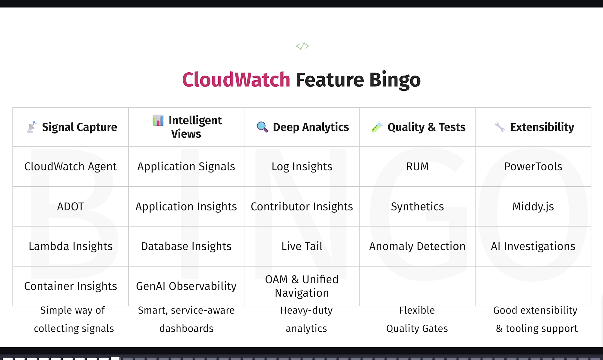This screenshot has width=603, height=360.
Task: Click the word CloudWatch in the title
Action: pos(236,80)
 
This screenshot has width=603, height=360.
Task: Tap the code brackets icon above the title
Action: pos(302,46)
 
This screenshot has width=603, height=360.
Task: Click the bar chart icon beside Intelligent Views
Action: pos(158,120)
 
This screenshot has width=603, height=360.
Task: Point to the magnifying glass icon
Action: pos(262,127)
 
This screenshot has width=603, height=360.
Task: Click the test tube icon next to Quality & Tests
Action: pos(377,127)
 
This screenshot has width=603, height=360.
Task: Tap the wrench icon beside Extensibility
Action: pos(500,127)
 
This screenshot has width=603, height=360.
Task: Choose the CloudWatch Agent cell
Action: pos(71,166)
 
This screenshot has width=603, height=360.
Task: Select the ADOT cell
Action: pos(71,207)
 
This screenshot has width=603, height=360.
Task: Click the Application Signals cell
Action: pos(186,166)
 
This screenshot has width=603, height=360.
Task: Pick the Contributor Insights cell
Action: pos(302,207)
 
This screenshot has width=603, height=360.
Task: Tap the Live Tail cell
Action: pos(302,246)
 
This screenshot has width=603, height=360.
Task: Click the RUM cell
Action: pos(417,166)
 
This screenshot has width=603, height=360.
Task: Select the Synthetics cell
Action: pos(417,207)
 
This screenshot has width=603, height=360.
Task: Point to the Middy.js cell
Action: pos(533,207)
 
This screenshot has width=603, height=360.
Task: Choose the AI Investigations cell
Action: pos(533,246)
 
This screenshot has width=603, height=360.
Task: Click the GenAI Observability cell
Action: pos(186,286)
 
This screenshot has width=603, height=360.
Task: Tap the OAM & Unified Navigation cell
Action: pos(302,286)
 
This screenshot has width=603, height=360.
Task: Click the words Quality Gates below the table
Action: pos(417,328)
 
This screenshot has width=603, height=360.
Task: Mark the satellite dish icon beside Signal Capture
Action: pos(32,127)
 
